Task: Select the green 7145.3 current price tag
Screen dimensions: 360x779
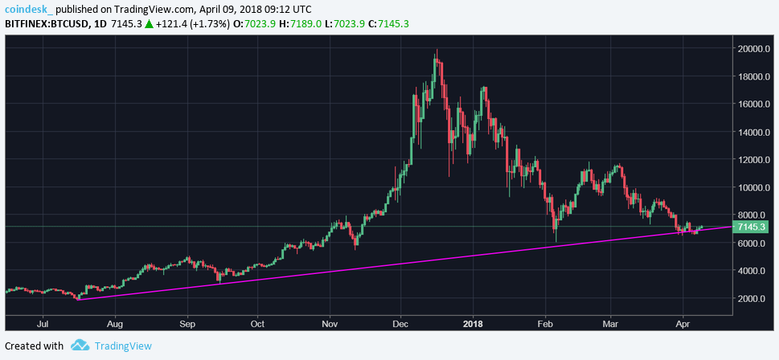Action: [754, 227]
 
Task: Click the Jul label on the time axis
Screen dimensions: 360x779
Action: [44, 325]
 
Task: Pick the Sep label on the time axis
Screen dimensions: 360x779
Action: [187, 325]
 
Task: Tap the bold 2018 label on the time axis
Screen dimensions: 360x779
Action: [473, 325]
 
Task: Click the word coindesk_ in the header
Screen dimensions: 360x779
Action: [29, 9]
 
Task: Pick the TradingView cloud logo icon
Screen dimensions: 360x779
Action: [80, 346]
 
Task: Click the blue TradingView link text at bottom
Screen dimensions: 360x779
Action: [123, 346]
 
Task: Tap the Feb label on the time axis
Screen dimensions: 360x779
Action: [545, 325]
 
